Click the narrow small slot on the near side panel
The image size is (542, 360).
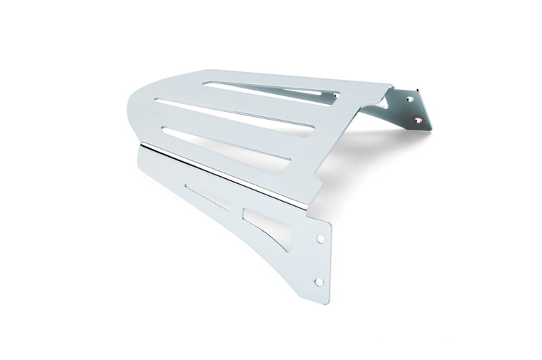pos(207,196)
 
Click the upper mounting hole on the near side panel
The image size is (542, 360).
pos(321,238)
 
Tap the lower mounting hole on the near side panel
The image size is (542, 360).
pos(319,282)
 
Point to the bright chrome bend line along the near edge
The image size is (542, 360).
pos(228,176)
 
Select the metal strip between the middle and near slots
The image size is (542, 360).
pos(235,130)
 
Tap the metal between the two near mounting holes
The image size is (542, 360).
pos(320,260)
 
